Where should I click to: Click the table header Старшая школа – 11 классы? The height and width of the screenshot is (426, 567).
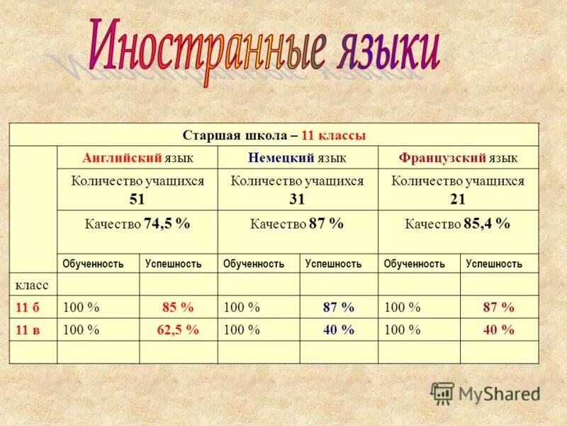pos(274,135)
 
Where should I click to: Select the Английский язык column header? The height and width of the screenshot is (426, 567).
pos(137,158)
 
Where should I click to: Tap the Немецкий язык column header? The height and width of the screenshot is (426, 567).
pos(298,158)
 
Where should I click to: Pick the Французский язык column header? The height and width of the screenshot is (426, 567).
pos(458,158)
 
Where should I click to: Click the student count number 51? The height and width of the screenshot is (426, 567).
pos(137,199)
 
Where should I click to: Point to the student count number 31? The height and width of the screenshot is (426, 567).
pos(298,199)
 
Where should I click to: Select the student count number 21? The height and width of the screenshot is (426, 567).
pos(458,199)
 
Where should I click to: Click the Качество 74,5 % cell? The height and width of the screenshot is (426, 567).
pos(137,224)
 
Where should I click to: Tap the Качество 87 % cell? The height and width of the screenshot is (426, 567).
pos(298,224)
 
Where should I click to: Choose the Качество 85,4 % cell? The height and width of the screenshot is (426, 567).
pos(458,224)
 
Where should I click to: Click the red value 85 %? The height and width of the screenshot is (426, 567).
pos(178,307)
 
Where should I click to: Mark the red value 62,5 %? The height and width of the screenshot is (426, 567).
pos(178,330)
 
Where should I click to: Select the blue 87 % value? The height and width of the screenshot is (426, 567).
pos(338,307)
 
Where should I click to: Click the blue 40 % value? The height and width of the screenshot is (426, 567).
pos(338,330)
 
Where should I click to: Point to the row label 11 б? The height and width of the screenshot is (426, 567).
pos(27,307)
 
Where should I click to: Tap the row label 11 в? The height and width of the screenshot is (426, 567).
pos(27,330)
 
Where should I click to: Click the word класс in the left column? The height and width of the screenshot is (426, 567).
pos(32,285)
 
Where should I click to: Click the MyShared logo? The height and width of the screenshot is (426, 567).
pos(486,393)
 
